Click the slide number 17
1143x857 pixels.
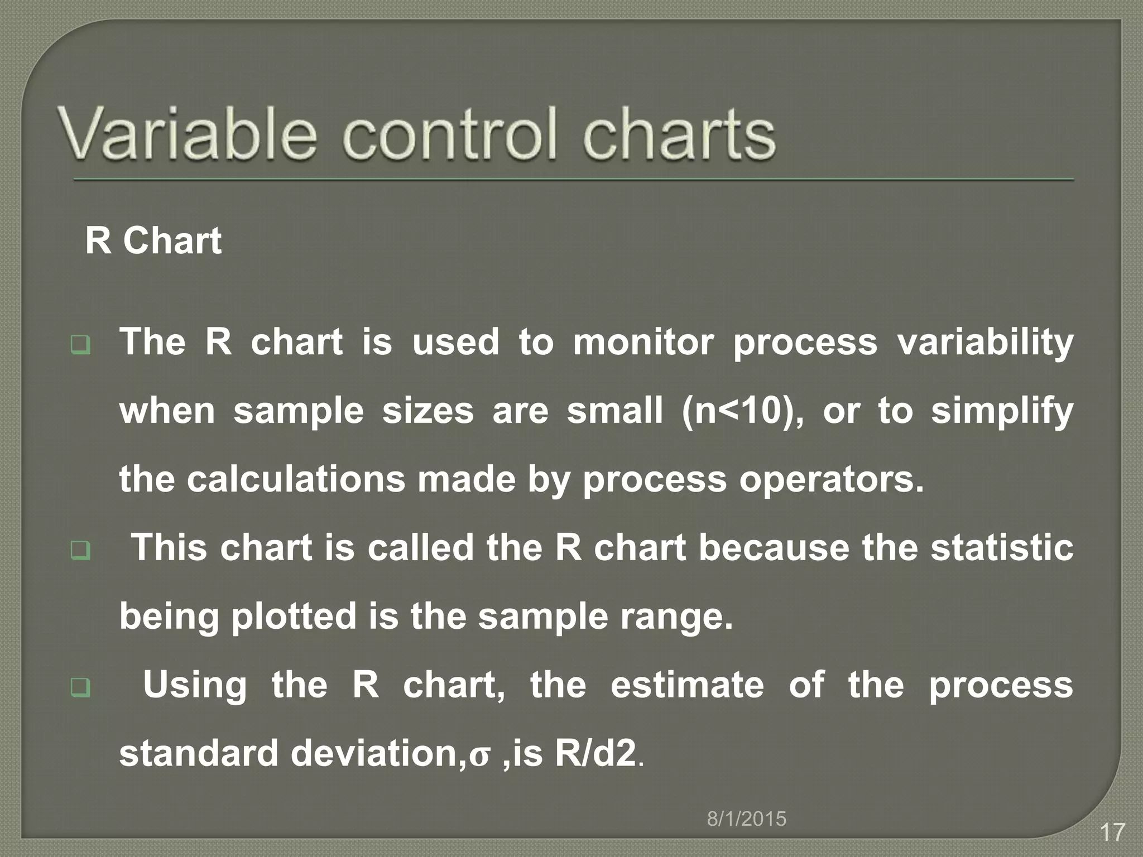1112,832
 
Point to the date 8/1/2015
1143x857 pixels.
747,819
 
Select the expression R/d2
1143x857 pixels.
595,753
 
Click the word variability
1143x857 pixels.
985,343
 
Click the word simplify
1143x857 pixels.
1002,412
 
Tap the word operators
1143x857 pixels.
831,480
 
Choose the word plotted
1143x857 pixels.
294,617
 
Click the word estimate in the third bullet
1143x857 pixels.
687,685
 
